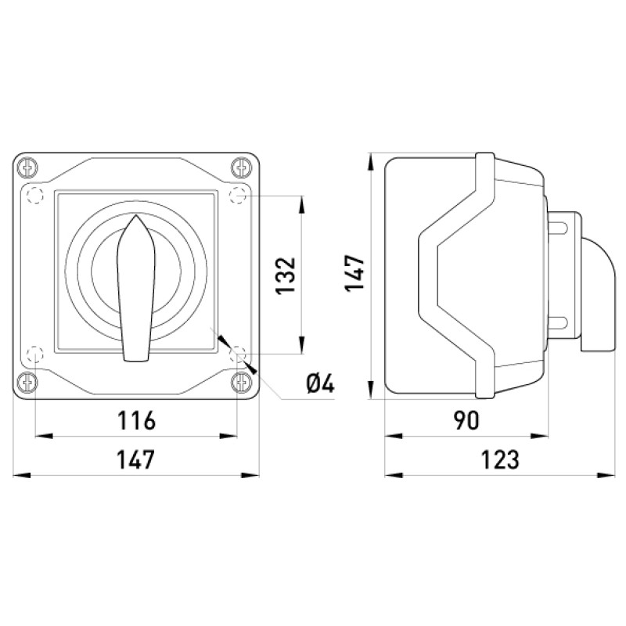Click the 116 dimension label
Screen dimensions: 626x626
point(136,420)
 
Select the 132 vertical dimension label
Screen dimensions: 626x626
point(286,276)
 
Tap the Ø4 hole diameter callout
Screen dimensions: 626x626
point(320,384)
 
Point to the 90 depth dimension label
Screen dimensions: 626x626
point(466,420)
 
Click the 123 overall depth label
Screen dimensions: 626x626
point(500,459)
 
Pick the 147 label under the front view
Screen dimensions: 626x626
point(135,459)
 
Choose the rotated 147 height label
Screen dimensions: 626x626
point(355,272)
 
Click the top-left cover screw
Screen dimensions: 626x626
point(27,167)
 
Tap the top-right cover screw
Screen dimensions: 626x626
point(241,167)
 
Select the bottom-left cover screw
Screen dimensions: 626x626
point(27,382)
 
